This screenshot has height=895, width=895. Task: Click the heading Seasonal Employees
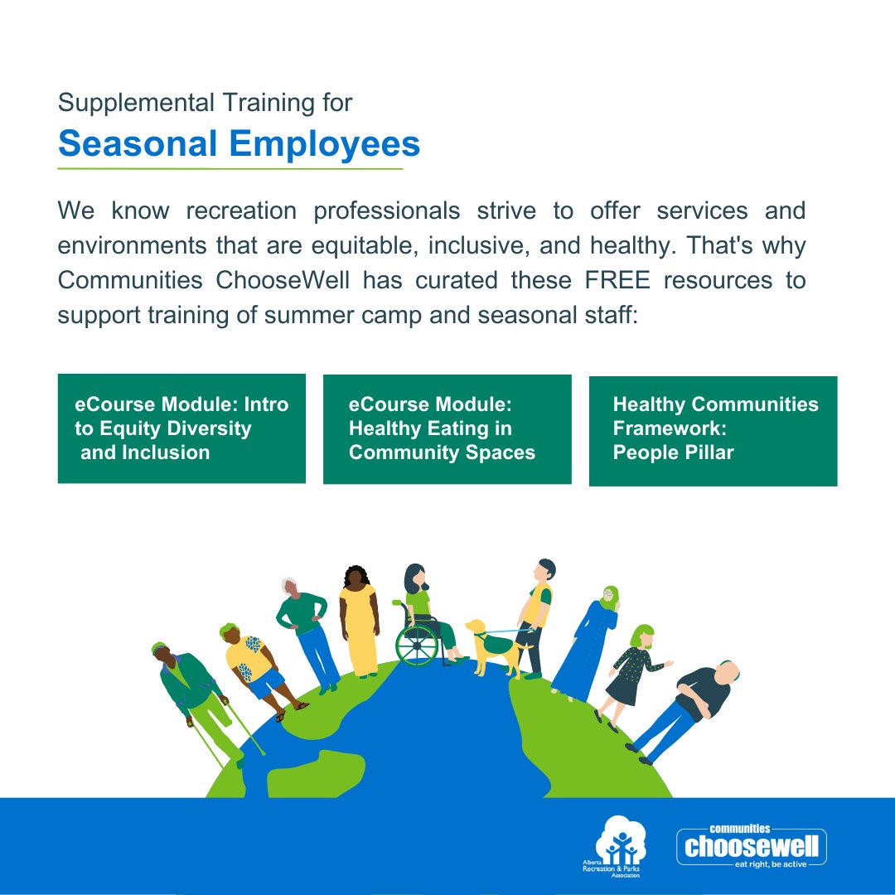click(239, 144)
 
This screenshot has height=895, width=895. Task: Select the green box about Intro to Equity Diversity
click(181, 428)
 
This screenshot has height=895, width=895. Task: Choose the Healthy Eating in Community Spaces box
click(447, 428)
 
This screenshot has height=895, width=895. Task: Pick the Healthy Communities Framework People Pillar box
click(713, 430)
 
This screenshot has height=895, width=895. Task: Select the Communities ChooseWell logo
click(752, 845)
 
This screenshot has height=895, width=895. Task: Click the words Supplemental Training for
click(205, 103)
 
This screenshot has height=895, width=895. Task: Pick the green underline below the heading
click(230, 168)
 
